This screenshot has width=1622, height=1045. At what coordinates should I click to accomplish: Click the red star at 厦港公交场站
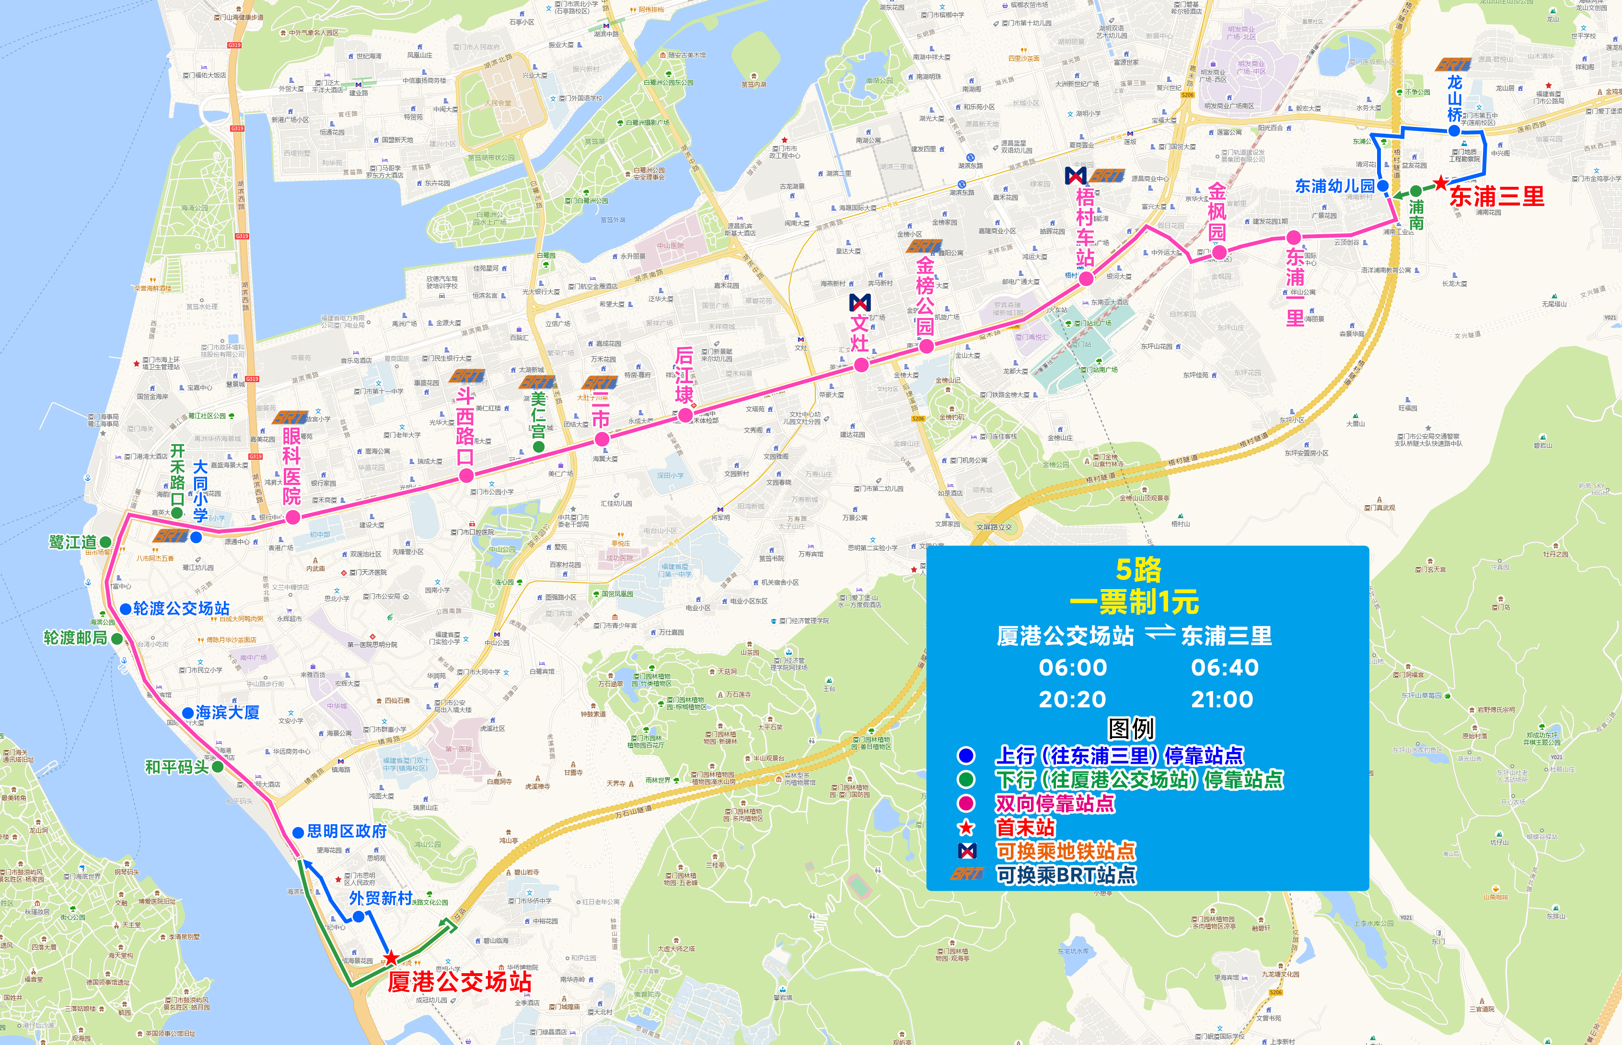pyautogui.click(x=391, y=958)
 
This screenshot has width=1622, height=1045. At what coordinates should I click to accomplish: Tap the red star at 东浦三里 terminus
pyautogui.click(x=1440, y=183)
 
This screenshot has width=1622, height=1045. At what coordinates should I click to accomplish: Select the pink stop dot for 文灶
pyautogui.click(x=861, y=365)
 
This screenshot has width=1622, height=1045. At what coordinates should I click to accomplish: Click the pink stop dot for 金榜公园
pyautogui.click(x=926, y=347)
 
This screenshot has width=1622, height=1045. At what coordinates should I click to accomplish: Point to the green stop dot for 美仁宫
pyautogui.click(x=538, y=446)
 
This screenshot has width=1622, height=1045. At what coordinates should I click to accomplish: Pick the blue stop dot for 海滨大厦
pyautogui.click(x=187, y=713)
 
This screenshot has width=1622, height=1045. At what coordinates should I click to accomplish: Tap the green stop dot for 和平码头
pyautogui.click(x=217, y=767)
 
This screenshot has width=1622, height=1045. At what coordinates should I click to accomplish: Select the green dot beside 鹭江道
pyautogui.click(x=105, y=542)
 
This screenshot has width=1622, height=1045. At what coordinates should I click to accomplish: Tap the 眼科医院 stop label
pyautogui.click(x=291, y=466)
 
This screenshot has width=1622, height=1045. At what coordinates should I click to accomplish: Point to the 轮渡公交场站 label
pyautogui.click(x=181, y=609)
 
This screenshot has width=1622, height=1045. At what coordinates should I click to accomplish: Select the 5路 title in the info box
pyautogui.click(x=1138, y=570)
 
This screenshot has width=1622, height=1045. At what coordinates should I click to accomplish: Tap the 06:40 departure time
pyautogui.click(x=1224, y=668)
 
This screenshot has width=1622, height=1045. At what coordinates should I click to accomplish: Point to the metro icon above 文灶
pyautogui.click(x=859, y=302)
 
